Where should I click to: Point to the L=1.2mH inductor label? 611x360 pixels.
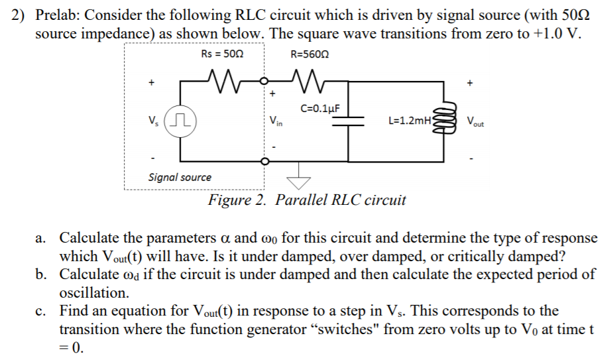[410, 121]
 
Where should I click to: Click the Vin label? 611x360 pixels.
[276, 121]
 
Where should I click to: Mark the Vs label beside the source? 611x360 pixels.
[153, 121]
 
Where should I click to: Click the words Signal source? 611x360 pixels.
[180, 177]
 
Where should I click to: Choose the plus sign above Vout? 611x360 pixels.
[471, 84]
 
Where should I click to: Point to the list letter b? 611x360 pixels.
[41, 274]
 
